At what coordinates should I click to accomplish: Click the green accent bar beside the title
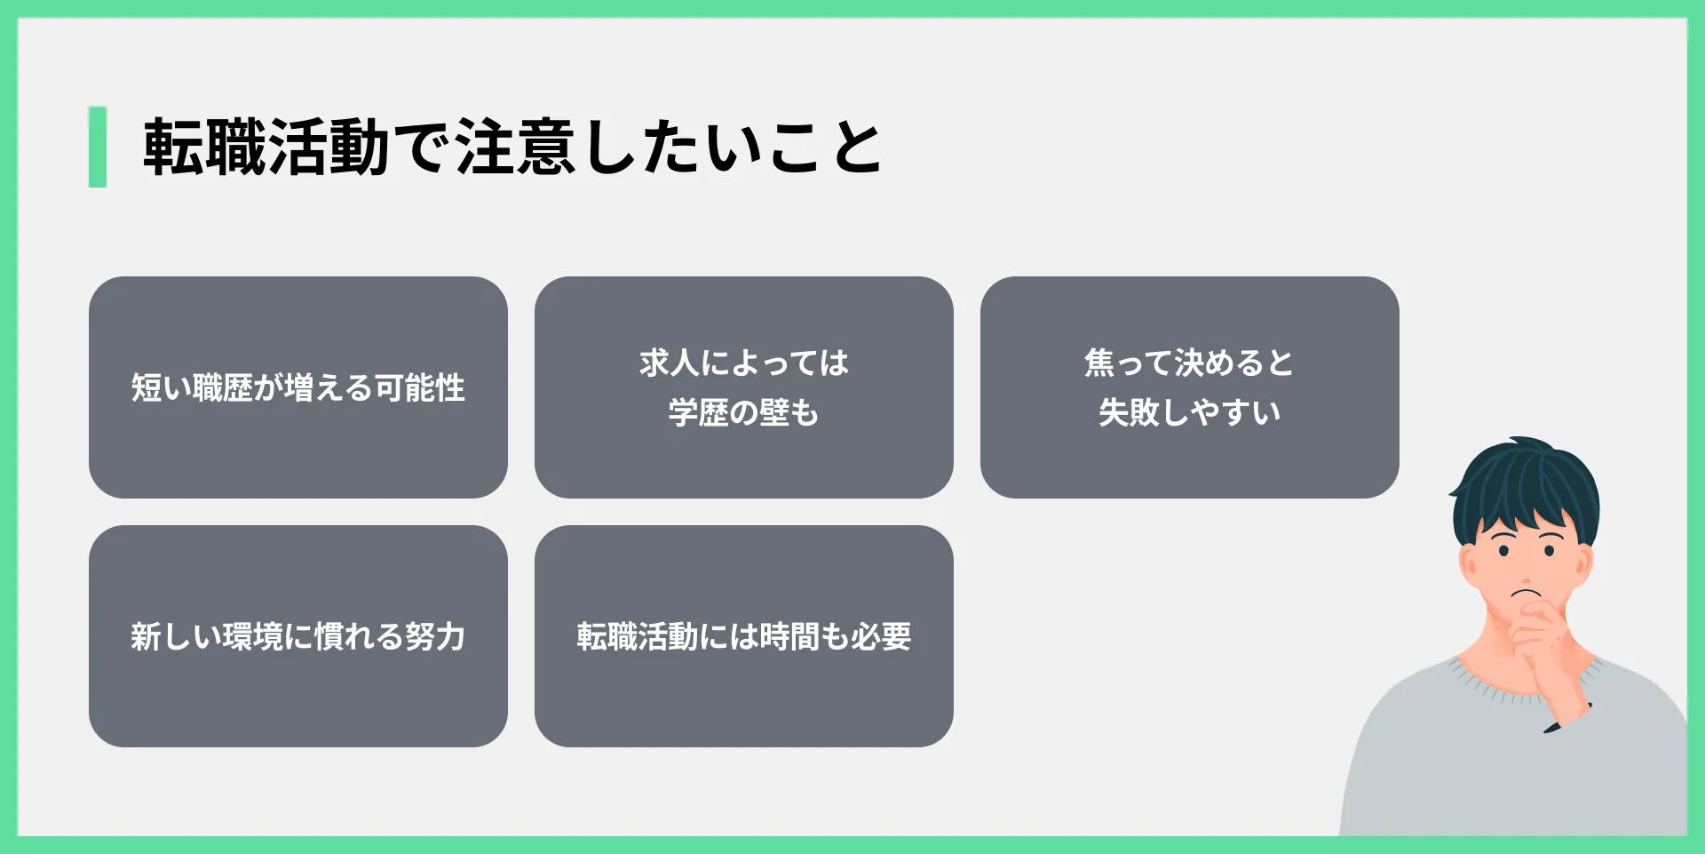coord(98,147)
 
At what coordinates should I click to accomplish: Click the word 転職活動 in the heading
coord(266,147)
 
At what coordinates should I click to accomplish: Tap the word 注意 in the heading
coord(516,147)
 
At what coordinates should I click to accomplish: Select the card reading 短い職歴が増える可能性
coord(298,387)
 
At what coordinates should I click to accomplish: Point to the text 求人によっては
coord(744,363)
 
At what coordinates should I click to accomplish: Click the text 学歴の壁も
coord(744,412)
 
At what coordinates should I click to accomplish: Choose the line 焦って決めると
coord(1189,363)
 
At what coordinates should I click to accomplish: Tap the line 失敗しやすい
coord(1189,412)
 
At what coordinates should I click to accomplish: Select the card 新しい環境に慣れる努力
coord(298,636)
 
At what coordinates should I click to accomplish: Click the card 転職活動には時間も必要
coord(744,636)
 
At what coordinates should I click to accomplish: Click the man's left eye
coord(1550,551)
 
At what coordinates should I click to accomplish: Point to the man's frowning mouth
coord(1527,593)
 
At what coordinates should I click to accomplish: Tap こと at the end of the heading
coord(826,147)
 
